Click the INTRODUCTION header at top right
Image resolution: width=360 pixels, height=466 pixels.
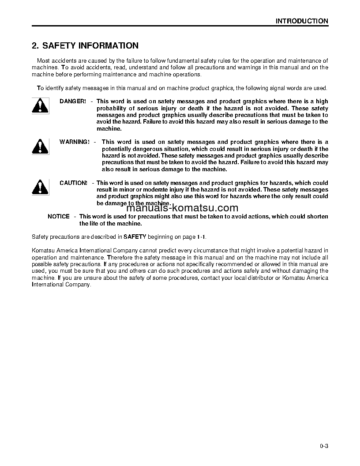[302, 21]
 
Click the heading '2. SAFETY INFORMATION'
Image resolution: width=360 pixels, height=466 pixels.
[85, 46]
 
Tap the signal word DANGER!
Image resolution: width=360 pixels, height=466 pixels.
[73, 101]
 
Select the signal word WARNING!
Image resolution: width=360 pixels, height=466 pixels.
[75, 142]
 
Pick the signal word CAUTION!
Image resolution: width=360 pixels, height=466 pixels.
[73, 183]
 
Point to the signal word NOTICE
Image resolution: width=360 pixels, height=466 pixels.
[59, 217]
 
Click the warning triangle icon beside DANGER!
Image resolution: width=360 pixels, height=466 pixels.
[40, 105]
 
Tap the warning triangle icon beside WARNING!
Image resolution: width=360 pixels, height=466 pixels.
[40, 146]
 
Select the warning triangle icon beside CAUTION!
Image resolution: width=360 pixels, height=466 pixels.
[40, 187]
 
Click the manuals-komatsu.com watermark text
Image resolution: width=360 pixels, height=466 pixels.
[182, 208]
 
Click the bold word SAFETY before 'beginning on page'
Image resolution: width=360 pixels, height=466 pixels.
[135, 237]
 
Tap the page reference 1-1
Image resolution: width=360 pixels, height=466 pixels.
[201, 237]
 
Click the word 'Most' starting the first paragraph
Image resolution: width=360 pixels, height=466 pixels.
[43, 60]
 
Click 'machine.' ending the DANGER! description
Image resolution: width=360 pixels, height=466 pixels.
[109, 129]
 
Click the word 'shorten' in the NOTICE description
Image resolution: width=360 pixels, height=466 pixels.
[318, 217]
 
